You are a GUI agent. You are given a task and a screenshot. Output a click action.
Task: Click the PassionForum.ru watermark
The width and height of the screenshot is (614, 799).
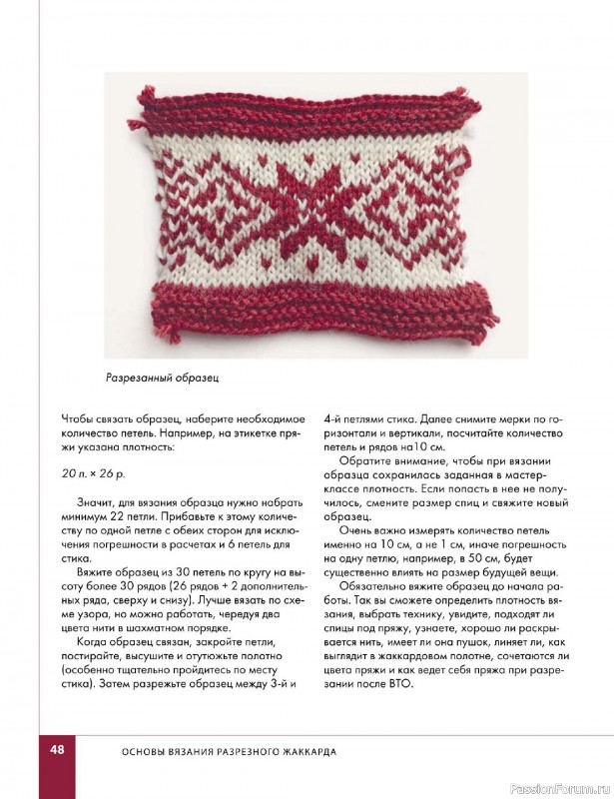click(568, 786)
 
